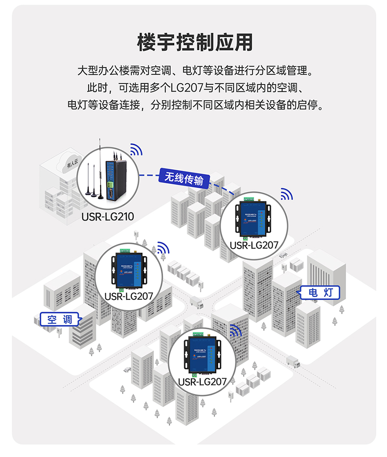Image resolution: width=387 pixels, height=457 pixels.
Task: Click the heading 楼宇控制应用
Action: click(x=194, y=42)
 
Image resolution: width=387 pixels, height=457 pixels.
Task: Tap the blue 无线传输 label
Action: click(x=184, y=178)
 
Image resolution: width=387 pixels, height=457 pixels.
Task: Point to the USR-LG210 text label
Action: click(x=107, y=216)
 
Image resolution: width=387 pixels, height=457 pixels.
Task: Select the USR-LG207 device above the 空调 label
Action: click(x=129, y=270)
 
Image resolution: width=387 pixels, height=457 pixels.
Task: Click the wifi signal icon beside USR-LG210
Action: click(x=136, y=149)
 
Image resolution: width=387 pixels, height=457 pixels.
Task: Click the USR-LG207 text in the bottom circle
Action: click(x=202, y=381)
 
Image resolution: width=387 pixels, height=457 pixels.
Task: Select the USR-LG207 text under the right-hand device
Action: click(x=254, y=245)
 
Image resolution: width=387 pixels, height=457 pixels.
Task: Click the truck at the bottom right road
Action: click(x=293, y=361)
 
